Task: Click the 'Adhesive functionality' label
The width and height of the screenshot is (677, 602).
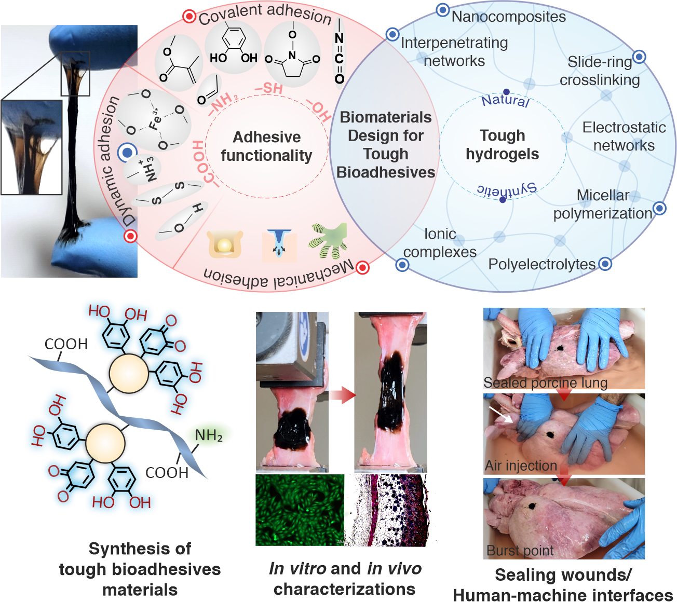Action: point(266,146)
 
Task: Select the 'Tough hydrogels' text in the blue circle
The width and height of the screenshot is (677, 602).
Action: point(502,145)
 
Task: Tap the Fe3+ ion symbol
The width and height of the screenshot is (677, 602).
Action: point(155,120)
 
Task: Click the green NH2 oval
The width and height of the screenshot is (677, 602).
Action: point(209,435)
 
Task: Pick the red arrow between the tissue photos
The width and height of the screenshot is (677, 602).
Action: point(342,395)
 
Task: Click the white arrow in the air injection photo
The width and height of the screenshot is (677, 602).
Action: point(501,414)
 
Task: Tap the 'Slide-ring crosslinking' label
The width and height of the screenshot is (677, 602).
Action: point(600,71)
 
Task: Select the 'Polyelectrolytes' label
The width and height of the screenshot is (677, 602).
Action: point(541,264)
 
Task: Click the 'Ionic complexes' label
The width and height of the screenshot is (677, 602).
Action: point(440,243)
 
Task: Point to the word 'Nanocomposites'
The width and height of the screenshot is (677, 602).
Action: point(508,17)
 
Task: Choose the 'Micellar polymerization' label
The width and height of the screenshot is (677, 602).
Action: point(603,204)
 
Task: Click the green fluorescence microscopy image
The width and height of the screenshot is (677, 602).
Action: point(300,510)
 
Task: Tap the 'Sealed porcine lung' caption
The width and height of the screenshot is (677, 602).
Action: point(545,383)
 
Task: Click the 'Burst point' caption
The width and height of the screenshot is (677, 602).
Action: point(520,550)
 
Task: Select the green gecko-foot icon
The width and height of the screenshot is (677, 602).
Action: point(328,240)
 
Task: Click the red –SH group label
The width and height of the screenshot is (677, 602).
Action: point(268,89)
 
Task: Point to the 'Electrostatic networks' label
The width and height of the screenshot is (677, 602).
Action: point(624,136)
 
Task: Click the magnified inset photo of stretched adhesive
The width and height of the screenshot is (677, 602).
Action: point(32,147)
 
